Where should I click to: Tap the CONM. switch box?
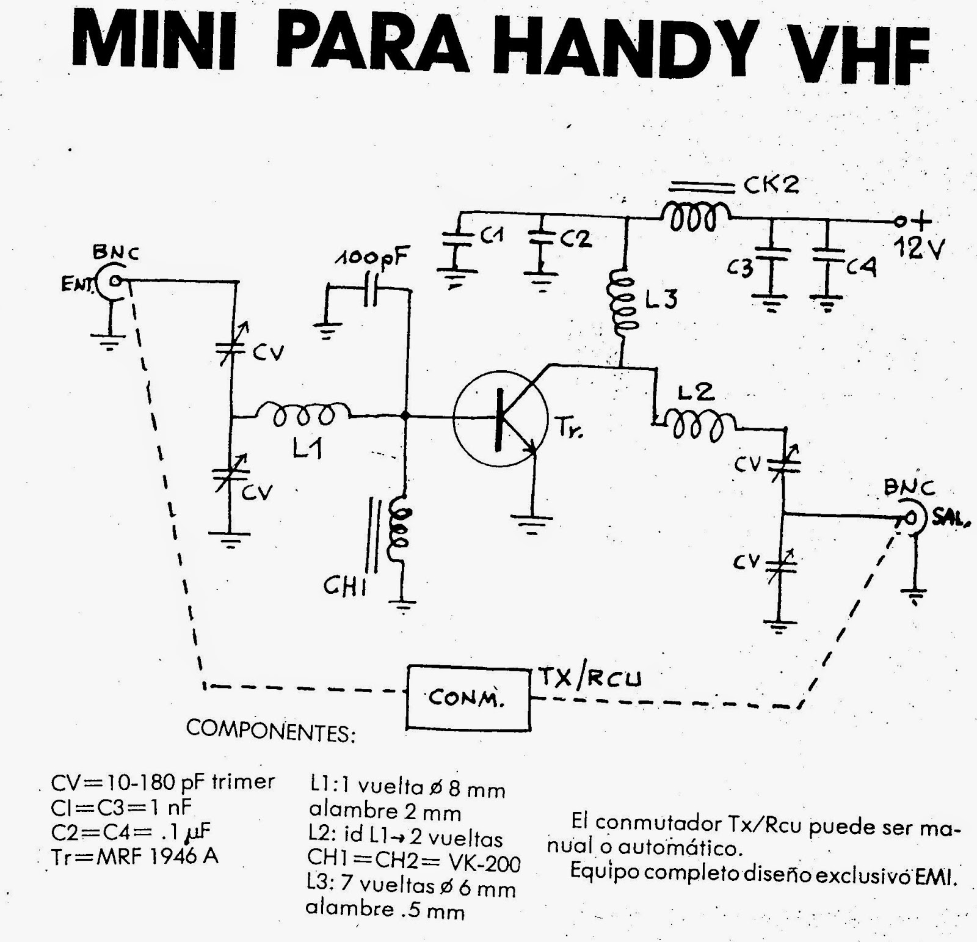point(468,698)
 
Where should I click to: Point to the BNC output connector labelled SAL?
point(910,519)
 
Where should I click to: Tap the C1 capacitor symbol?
point(454,239)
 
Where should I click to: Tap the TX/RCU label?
point(590,677)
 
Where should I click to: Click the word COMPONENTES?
point(271,730)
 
